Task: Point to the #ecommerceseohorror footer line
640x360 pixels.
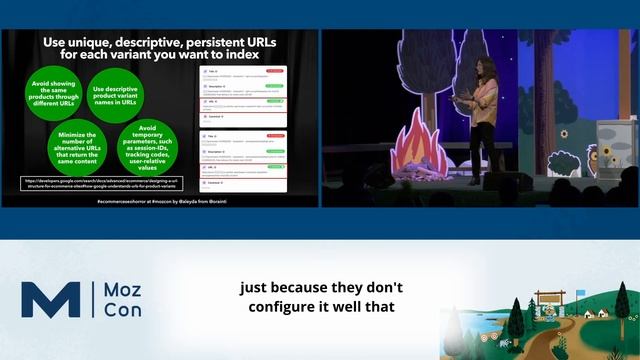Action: (x=159, y=201)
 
